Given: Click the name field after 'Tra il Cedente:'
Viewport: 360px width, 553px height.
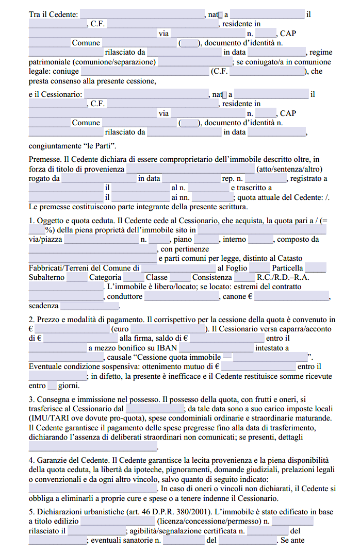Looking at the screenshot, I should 142,14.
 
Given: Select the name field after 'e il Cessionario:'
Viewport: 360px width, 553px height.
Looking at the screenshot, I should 145,94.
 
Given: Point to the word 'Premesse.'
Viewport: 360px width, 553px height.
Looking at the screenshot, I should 45,160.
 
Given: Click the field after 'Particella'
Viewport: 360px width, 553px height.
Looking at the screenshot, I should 316,268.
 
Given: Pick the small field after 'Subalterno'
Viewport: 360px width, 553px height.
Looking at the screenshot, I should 77,278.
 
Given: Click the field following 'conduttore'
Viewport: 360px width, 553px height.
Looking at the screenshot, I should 182,297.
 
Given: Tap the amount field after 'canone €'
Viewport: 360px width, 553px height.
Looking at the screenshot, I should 291,297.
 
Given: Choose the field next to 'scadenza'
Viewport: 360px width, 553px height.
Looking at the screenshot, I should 89,306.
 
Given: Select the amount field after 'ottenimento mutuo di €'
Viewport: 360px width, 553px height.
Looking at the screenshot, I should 258,367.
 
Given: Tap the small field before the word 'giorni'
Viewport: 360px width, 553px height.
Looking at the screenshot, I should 52,386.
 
